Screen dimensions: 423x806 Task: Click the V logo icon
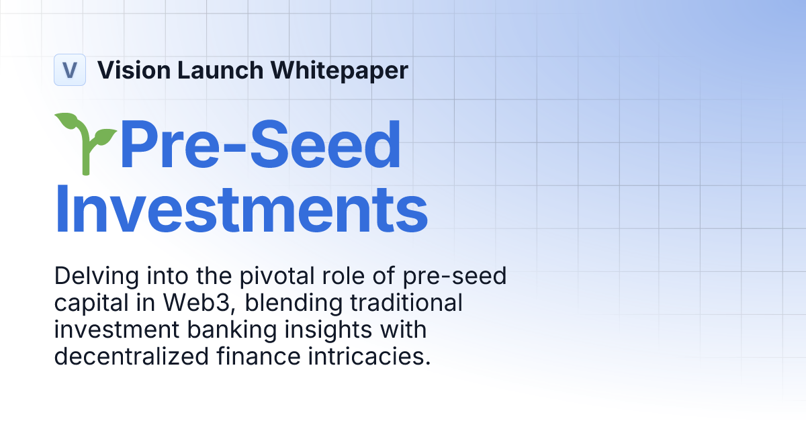[x=70, y=70]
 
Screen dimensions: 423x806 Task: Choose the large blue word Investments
[x=241, y=209]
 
